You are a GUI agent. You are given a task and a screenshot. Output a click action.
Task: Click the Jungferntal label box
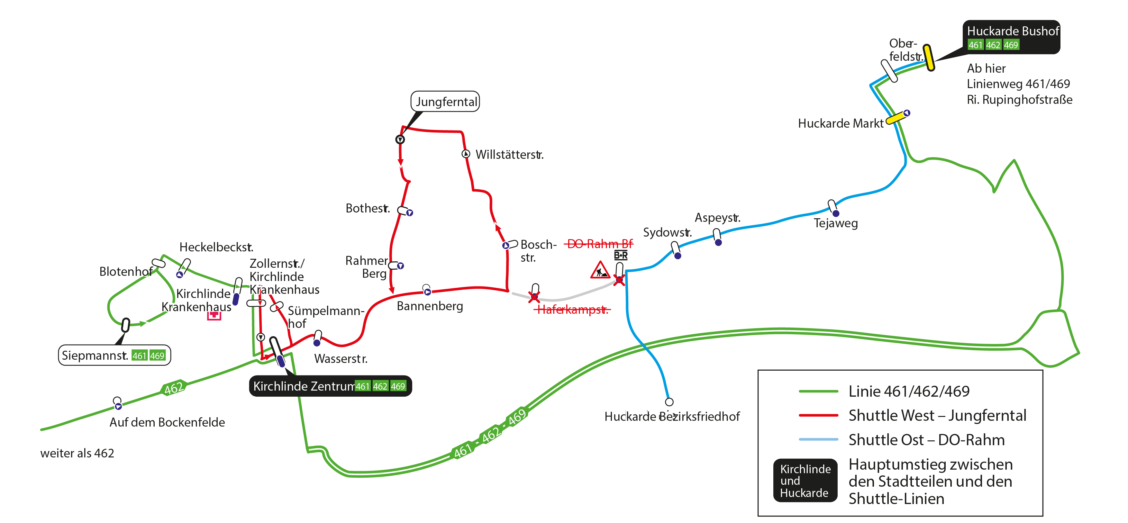(445, 102)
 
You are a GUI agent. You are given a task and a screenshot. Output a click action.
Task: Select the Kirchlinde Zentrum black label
(331, 386)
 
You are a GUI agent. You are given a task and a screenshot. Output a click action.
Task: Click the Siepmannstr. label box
(114, 355)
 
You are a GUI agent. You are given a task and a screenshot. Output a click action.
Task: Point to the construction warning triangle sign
(600, 270)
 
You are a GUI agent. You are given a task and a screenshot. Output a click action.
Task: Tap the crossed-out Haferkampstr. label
(572, 310)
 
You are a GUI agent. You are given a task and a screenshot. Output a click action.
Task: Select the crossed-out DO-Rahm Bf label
(599, 244)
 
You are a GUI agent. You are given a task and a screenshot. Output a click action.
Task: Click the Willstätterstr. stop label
(510, 155)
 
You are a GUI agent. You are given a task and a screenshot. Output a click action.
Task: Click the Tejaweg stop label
(835, 223)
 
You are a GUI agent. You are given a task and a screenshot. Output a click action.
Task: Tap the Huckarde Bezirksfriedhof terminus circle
(669, 402)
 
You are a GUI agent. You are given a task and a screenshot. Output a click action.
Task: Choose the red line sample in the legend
(818, 415)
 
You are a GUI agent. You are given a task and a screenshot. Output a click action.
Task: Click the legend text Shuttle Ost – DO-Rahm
(927, 439)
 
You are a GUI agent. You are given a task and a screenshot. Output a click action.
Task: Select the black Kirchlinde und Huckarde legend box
(805, 481)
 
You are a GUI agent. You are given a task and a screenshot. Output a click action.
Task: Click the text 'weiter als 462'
(77, 453)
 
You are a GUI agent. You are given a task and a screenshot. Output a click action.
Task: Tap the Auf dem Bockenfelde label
(167, 422)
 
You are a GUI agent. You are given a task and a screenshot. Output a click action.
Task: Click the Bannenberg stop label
(430, 306)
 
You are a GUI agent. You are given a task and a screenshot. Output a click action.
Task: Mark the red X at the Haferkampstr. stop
(534, 297)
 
